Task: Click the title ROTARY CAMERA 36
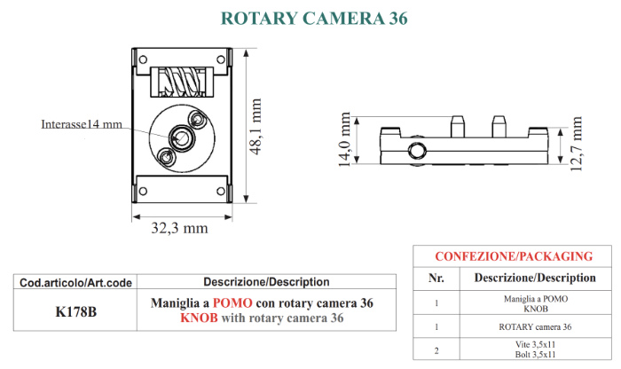point(314,19)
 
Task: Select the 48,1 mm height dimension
point(255,126)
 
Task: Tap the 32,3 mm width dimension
point(179,228)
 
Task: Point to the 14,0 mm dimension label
point(344,139)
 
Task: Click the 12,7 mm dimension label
point(577,144)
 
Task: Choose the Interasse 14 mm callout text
point(82,124)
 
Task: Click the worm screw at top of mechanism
point(182,82)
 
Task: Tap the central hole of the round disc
point(182,138)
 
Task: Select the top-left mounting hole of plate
point(143,59)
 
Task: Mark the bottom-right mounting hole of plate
point(221,192)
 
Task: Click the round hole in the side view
point(417,151)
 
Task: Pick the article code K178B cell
point(75,311)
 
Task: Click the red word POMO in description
point(232,302)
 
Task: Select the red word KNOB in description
point(199,318)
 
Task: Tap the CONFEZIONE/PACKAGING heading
point(514,256)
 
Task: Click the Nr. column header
point(436,278)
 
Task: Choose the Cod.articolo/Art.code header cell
point(75,283)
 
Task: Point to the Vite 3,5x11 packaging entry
point(536,344)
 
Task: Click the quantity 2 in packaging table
point(436,350)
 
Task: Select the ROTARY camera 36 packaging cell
point(535,327)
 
